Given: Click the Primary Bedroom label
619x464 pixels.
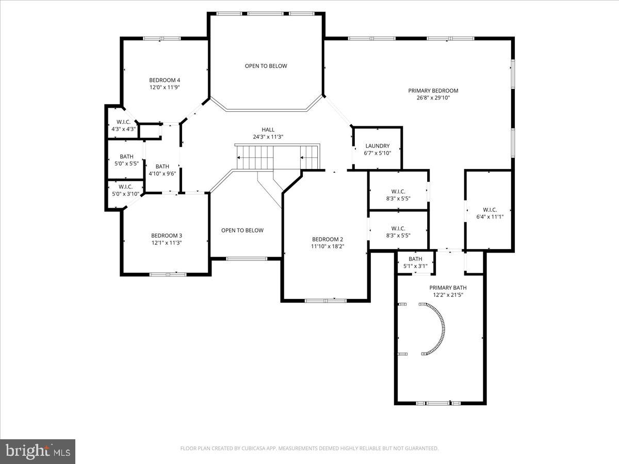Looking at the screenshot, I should (x=433, y=91).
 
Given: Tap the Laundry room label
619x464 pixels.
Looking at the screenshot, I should (x=377, y=146).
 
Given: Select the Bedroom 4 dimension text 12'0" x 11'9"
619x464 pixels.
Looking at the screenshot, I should (x=165, y=87).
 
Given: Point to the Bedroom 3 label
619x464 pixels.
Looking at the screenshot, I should (x=167, y=236).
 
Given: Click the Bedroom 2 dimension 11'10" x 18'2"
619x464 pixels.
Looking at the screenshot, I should (x=327, y=246).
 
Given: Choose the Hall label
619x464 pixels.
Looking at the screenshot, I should (x=268, y=129).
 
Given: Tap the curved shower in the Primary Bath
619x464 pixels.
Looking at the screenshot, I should (x=436, y=329).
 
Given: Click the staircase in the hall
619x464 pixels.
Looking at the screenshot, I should (x=278, y=157).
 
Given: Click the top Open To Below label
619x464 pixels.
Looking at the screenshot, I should (x=266, y=66).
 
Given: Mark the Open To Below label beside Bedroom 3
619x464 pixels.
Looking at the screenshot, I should (x=242, y=230).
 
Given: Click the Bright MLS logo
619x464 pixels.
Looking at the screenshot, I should (x=38, y=451).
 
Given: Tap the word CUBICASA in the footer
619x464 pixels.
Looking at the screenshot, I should (x=254, y=449).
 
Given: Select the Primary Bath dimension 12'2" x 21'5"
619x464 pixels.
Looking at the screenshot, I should (x=448, y=295).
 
